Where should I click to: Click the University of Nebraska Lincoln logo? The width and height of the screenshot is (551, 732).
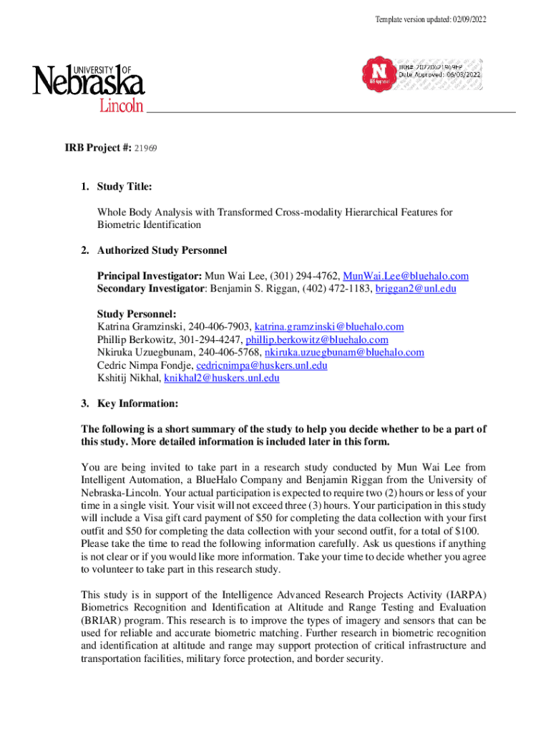click(88, 88)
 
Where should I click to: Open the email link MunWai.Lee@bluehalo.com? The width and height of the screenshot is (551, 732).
click(406, 277)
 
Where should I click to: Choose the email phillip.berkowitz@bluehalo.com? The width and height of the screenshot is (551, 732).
click(316, 340)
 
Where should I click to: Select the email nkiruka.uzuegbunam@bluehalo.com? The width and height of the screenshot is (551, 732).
click(344, 352)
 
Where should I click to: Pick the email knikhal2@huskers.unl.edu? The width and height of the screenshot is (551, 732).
click(221, 378)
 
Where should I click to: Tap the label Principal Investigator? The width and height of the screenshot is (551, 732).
click(150, 277)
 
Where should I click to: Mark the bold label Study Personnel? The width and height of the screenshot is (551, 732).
click(136, 314)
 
